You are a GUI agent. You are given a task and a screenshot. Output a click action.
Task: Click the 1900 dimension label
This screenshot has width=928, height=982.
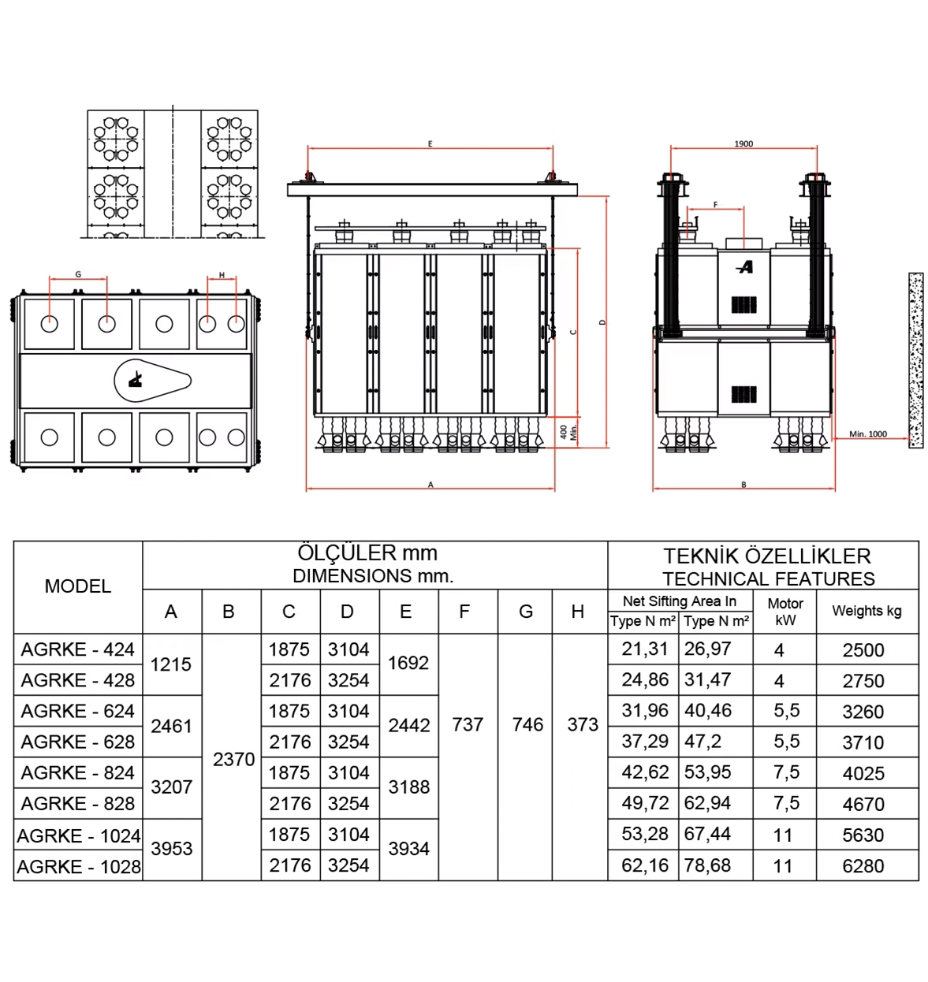[x=744, y=144]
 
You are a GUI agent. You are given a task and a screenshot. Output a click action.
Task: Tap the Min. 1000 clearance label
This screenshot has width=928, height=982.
[x=868, y=434]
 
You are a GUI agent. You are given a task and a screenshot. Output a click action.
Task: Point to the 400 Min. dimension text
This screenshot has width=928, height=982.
[x=568, y=432]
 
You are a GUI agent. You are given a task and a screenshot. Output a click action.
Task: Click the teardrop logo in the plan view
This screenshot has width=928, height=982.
[x=152, y=381]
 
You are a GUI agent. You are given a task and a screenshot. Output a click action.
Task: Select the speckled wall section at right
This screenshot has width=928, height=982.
[x=916, y=360]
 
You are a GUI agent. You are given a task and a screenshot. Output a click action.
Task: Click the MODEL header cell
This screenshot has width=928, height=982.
[x=78, y=586]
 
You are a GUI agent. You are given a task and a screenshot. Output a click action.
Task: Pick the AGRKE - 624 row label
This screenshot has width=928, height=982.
[x=78, y=711]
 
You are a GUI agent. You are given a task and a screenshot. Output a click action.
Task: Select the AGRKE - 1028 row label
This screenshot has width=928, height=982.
[x=79, y=867]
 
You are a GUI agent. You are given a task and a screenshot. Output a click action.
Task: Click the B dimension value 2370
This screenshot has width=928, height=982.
[x=233, y=760]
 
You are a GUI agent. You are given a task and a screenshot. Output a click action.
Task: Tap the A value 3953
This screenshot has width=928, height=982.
[x=171, y=849]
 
